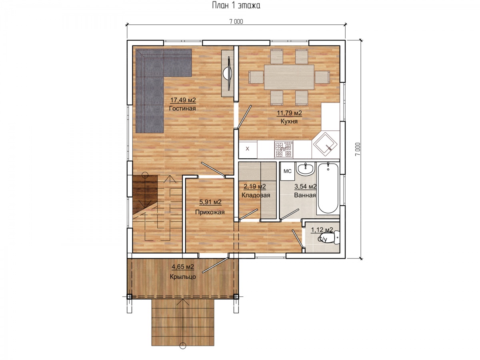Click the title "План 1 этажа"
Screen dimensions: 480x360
(236, 5)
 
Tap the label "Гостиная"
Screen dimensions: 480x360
(182, 108)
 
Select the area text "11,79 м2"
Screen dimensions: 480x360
(289, 113)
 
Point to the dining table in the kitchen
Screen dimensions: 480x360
(289, 77)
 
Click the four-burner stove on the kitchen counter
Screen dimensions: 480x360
(284, 150)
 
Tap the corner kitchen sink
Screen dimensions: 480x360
(325, 144)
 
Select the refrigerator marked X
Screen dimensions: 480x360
(248, 149)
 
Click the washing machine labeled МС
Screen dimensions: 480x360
(287, 171)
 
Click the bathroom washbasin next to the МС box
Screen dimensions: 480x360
(305, 169)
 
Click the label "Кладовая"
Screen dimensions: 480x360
(256, 195)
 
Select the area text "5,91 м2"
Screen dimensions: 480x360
(210, 202)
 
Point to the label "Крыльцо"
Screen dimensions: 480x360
(183, 277)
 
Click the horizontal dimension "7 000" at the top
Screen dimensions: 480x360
(236, 22)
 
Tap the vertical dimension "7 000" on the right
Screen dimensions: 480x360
(357, 149)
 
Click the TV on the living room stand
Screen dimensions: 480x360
(228, 74)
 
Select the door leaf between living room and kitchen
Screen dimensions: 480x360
(244, 117)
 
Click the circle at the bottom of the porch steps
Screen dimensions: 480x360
(182, 352)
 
